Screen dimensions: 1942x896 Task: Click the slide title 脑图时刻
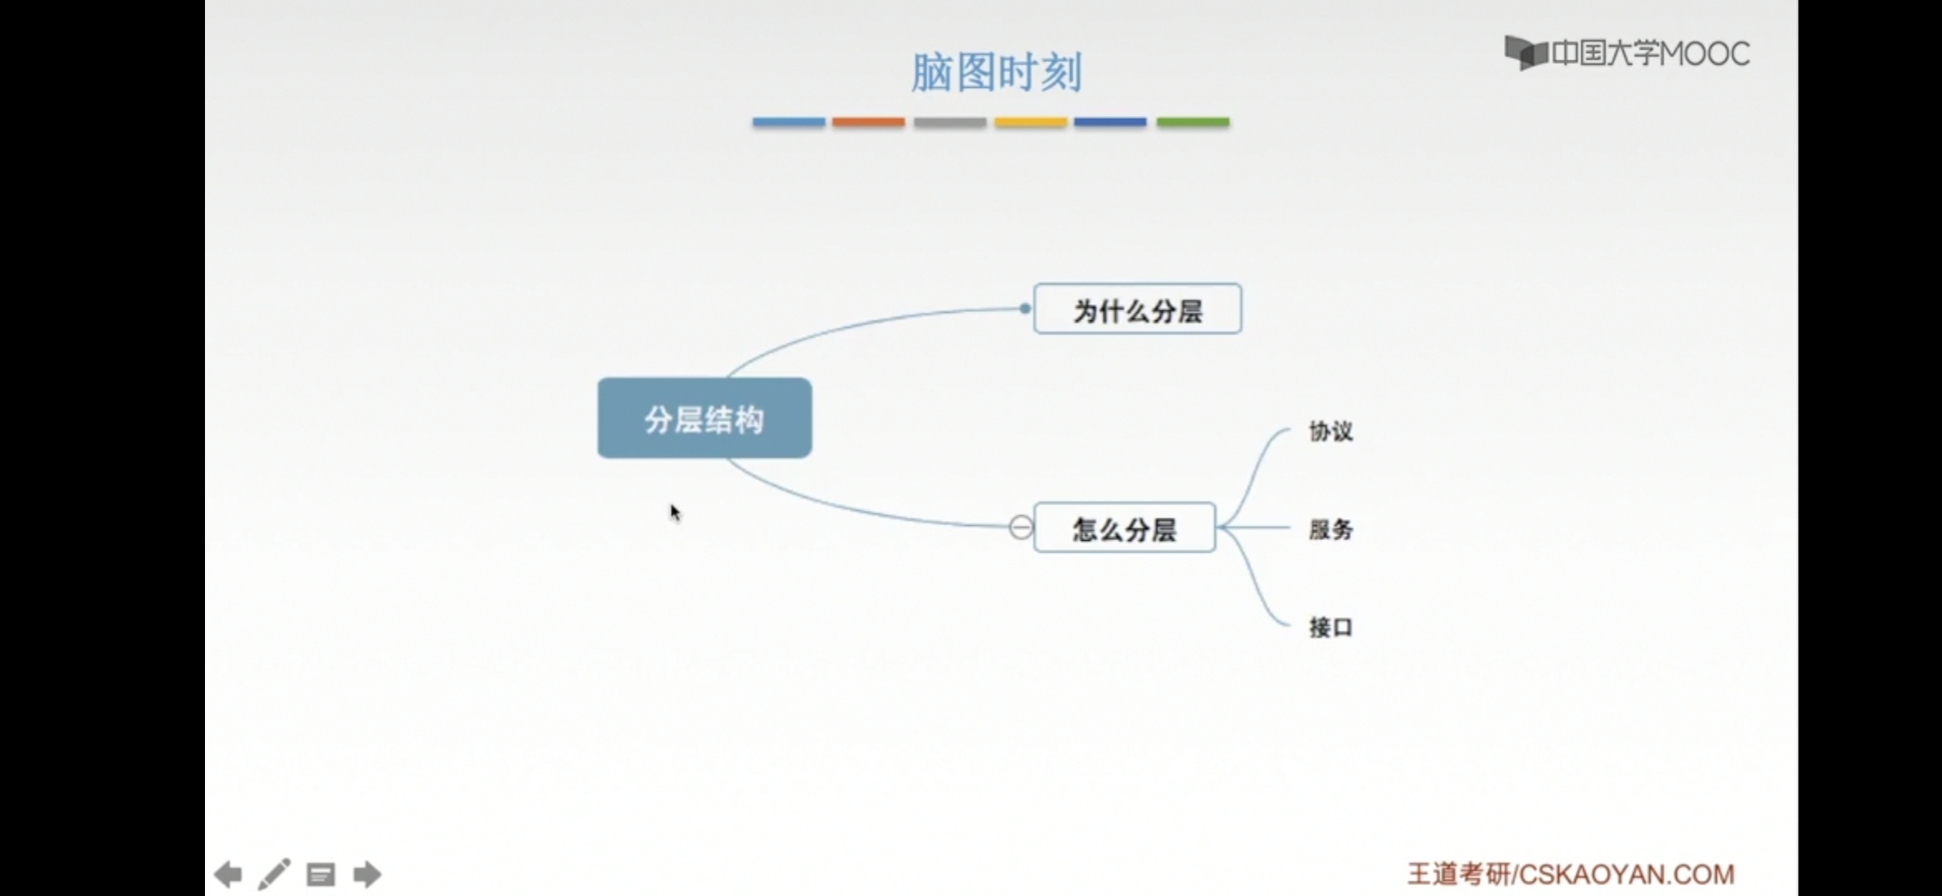pos(996,72)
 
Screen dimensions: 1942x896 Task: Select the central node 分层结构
pos(705,418)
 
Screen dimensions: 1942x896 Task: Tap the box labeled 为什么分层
pos(1138,309)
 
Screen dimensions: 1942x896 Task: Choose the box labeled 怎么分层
pos(1125,528)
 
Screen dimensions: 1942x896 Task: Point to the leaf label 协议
pos(1330,431)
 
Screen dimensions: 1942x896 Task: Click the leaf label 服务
pos(1330,529)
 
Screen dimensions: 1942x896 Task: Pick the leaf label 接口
pos(1330,627)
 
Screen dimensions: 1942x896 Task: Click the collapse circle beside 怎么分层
pos(1021,528)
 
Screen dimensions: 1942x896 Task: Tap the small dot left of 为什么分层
pos(1025,309)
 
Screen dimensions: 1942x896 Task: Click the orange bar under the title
pos(868,122)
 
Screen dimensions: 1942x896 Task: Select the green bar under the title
pos(1193,122)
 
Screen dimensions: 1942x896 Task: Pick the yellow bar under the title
pos(1030,122)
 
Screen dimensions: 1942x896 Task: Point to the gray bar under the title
pos(949,122)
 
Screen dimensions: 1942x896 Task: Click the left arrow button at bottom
pos(228,874)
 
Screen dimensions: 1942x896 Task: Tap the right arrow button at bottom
pos(367,874)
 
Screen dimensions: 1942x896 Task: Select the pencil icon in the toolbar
pos(274,874)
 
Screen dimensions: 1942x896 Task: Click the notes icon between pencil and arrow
pos(320,874)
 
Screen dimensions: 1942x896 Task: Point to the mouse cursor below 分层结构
pos(675,513)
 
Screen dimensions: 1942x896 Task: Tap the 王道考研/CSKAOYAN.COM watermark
pos(1570,874)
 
